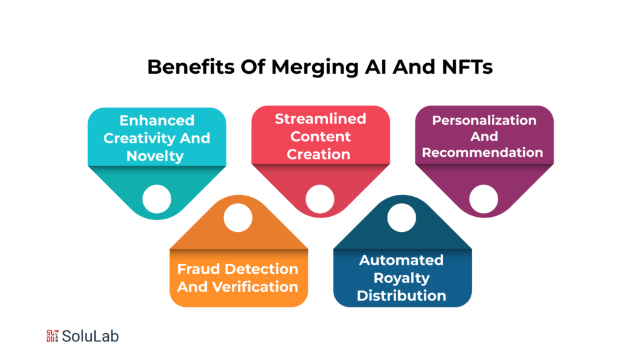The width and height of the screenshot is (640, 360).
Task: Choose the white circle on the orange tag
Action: coord(237,217)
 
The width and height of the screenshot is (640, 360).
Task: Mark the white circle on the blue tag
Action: coord(401,217)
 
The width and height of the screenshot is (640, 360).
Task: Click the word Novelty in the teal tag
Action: coord(156,156)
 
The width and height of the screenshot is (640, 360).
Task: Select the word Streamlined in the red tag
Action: coord(321,119)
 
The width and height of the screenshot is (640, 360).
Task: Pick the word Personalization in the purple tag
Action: coord(484,119)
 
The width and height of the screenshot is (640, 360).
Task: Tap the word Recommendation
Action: coord(482,152)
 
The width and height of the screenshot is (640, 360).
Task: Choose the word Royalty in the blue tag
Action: coord(401,277)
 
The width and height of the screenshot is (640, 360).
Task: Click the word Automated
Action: coord(401,260)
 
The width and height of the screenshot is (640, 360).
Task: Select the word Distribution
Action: coord(401,295)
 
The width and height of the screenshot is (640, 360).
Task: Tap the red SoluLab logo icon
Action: coord(52,336)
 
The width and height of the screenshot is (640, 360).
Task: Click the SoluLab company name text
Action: coord(91,336)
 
